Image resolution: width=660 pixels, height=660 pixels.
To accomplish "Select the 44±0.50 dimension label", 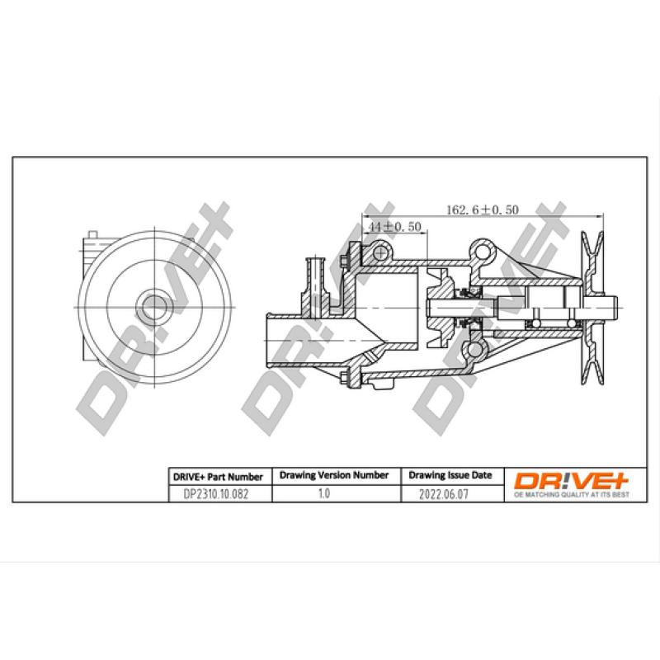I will [395, 226].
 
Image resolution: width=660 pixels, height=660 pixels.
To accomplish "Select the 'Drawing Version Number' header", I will [333, 476].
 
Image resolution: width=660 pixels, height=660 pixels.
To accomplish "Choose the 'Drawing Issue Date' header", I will [450, 476].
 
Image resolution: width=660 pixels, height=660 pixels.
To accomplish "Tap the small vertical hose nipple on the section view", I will [313, 276].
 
